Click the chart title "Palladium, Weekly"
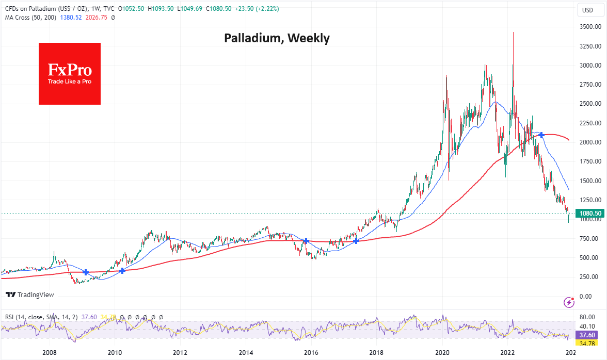[277, 38]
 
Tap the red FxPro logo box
[70, 74]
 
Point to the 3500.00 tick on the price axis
[588, 26]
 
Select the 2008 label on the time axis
[49, 352]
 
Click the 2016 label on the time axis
[311, 352]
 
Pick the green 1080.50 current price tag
[589, 213]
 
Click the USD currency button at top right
[587, 10]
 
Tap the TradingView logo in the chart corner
[30, 295]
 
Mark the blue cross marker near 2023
[541, 135]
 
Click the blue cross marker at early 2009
[86, 272]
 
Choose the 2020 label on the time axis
[442, 352]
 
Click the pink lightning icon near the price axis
[569, 302]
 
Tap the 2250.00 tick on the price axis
[588, 123]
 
